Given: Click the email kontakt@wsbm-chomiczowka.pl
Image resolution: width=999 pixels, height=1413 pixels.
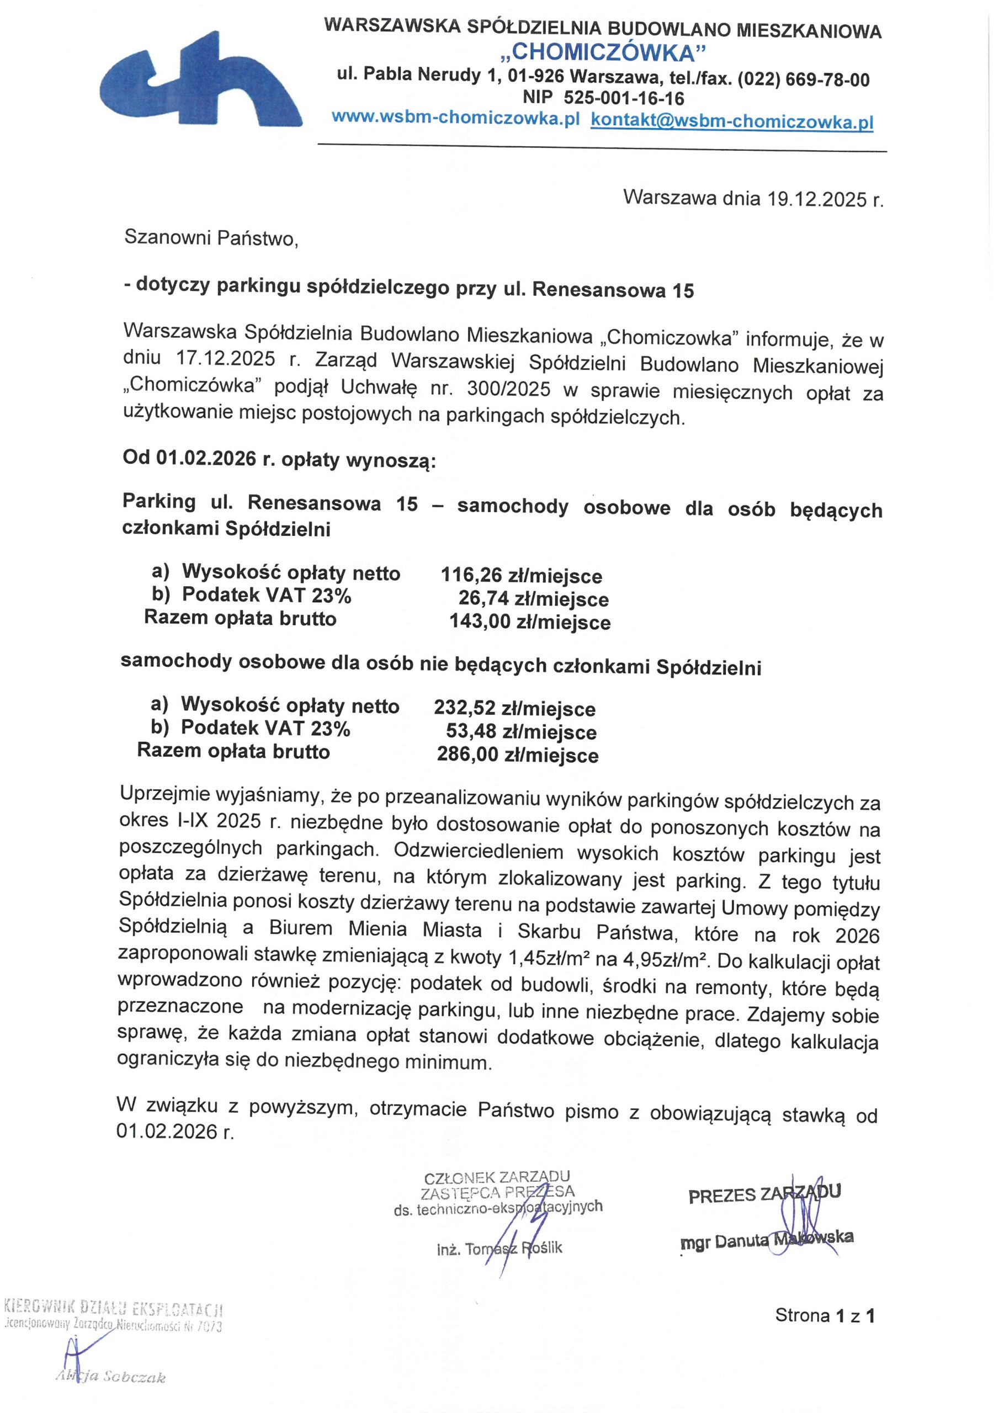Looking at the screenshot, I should pos(732,122).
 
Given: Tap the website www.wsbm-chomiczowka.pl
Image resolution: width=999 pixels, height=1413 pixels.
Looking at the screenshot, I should pos(455,119).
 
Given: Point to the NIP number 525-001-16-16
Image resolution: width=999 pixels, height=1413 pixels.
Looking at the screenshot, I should pos(624,98).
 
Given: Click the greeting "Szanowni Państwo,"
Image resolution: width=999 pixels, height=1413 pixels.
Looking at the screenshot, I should pos(211,238).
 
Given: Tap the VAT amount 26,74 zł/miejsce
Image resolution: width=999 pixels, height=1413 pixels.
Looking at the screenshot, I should pos(533,599).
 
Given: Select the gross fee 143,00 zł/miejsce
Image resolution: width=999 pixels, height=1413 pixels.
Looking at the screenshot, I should pos(530,621).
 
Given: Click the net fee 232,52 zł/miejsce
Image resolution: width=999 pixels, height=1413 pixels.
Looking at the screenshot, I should pos(514,708).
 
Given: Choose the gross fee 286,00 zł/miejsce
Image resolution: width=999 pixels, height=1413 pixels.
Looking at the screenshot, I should pos(518,755).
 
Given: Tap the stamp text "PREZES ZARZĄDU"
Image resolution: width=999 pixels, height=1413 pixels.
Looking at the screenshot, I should pos(764,1194).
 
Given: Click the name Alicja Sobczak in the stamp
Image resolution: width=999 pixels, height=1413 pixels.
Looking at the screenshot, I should pos(111,1377).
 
